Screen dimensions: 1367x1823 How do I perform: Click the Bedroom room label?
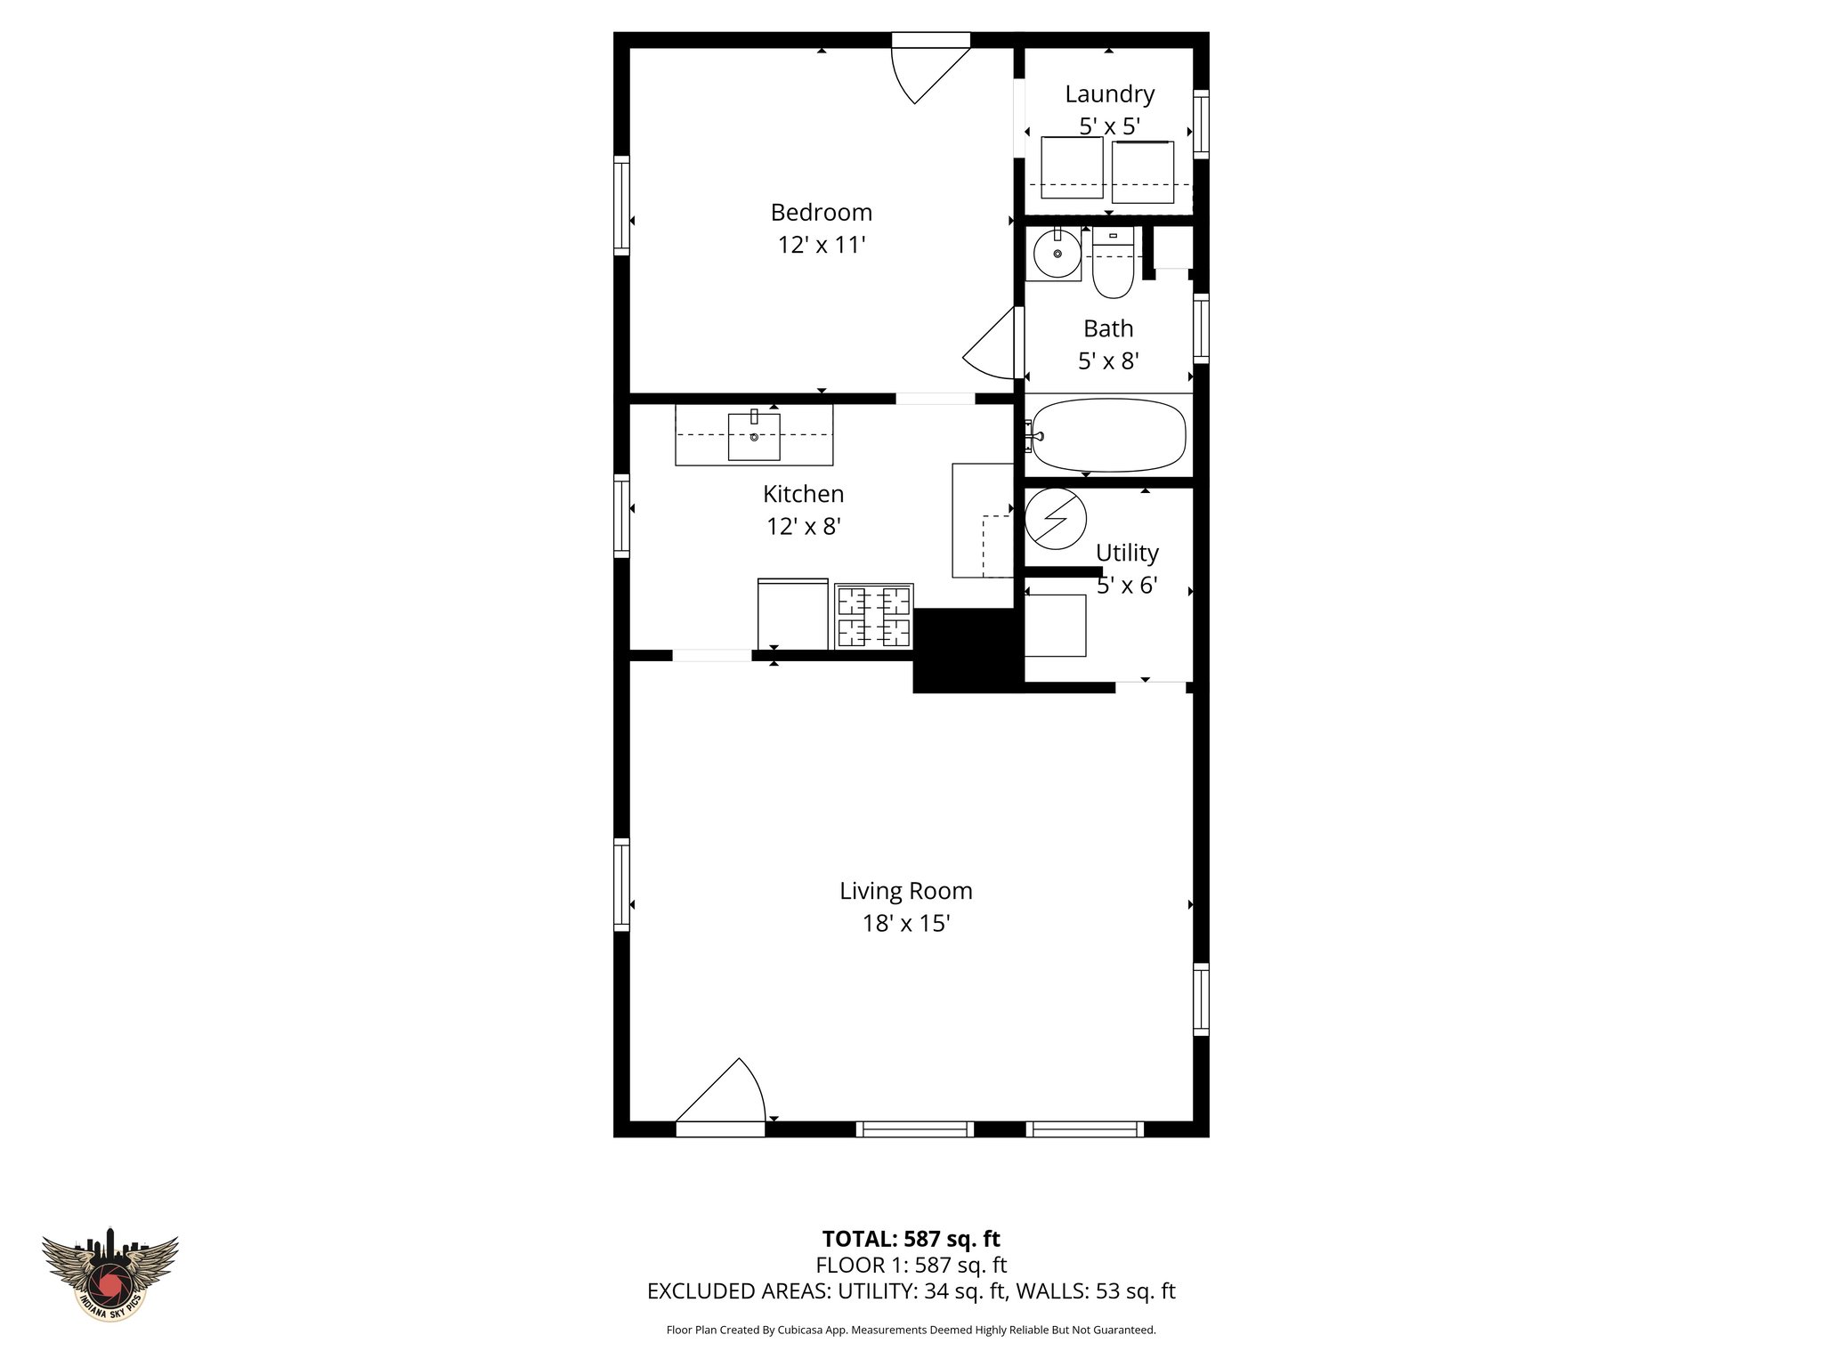click(821, 213)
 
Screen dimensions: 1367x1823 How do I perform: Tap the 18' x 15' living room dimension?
click(905, 924)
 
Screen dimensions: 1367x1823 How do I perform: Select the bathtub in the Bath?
click(1109, 436)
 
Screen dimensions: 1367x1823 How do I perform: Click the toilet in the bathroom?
click(1112, 265)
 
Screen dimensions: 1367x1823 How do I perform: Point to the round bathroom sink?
click(1057, 254)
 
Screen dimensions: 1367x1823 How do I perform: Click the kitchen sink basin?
click(754, 436)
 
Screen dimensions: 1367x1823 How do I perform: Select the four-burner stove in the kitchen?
click(873, 616)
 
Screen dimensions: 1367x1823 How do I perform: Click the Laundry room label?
click(1109, 93)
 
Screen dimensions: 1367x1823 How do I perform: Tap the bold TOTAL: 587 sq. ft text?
click(911, 1239)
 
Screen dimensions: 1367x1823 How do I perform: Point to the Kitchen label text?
click(803, 494)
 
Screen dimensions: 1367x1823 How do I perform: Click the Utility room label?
click(1126, 553)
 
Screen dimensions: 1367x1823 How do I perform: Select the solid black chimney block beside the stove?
click(963, 650)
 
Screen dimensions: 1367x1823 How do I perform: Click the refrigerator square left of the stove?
click(792, 614)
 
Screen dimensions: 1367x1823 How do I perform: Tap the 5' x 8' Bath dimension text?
click(1108, 361)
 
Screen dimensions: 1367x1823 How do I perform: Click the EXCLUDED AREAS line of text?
click(911, 1291)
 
